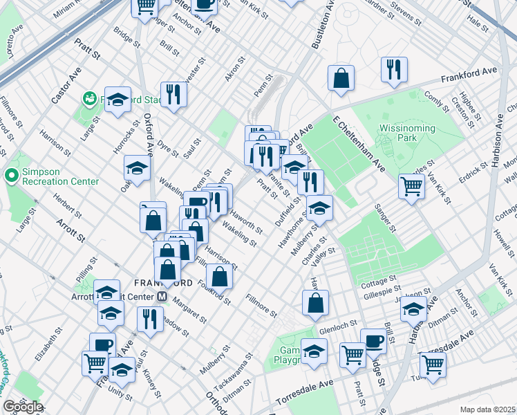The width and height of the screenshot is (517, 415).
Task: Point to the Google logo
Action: pyautogui.click(x=22, y=407)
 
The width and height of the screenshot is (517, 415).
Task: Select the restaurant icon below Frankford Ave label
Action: pyautogui.click(x=394, y=69)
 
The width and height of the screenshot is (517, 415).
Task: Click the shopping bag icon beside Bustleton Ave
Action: pyautogui.click(x=341, y=77)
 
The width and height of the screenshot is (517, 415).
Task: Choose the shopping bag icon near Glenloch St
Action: pyautogui.click(x=315, y=302)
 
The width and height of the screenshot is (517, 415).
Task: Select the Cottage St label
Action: pyautogui.click(x=377, y=284)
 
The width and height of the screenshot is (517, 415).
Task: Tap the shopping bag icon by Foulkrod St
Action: pyautogui.click(x=219, y=276)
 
